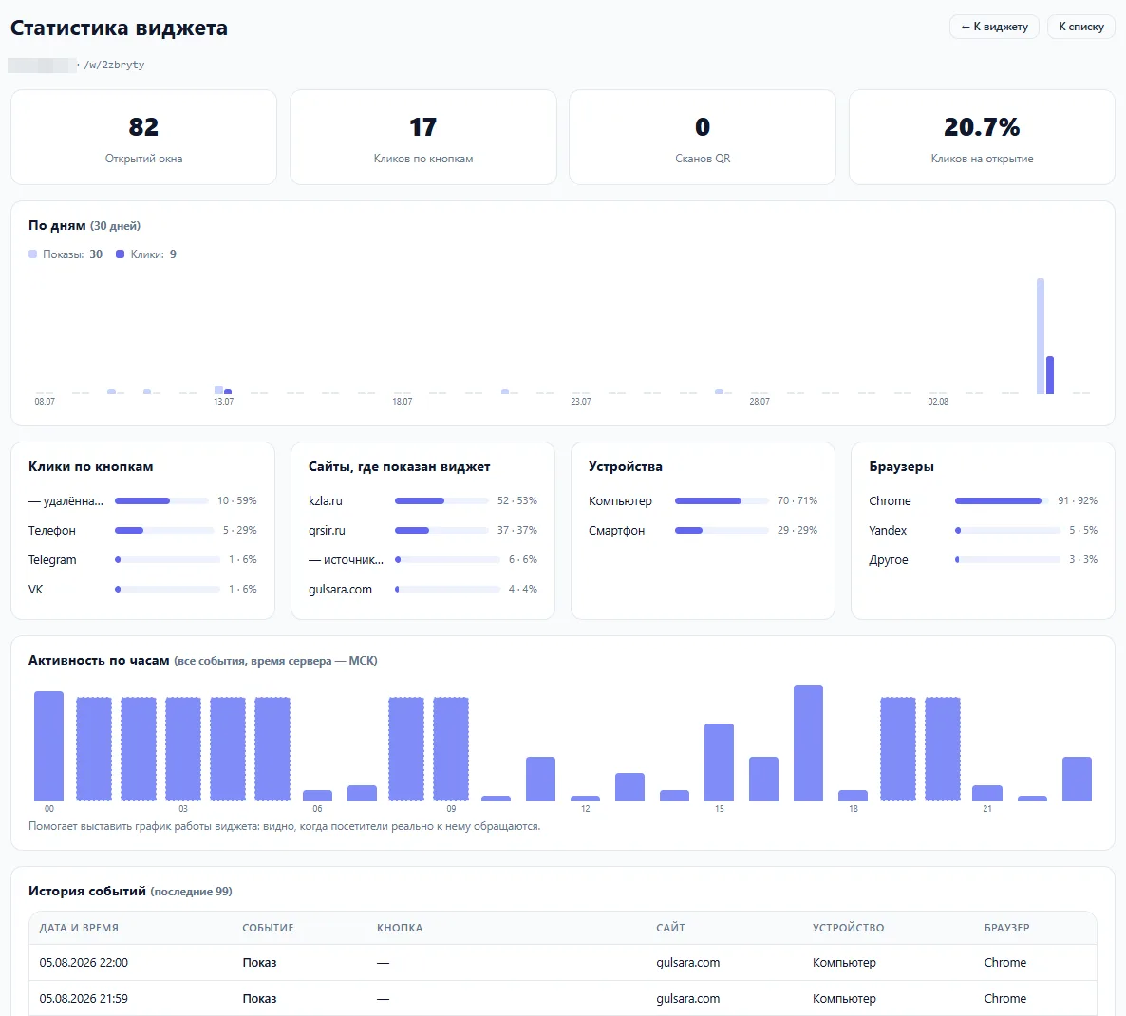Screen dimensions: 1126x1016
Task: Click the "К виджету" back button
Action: point(994,27)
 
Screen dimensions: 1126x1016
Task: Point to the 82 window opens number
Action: point(143,127)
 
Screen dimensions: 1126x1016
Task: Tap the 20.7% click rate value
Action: point(982,127)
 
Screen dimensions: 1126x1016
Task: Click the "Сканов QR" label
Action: point(703,159)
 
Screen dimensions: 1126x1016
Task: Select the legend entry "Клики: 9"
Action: point(146,254)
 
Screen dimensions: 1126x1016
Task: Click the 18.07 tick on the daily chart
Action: point(403,402)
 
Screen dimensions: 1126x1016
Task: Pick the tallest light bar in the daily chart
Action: point(1041,336)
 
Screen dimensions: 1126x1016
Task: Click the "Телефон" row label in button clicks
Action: point(51,531)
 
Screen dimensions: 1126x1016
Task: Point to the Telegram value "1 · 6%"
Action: point(243,559)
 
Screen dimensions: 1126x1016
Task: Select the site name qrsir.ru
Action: point(327,531)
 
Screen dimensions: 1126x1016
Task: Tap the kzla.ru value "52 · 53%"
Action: point(517,500)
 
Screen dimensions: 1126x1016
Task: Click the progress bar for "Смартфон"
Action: point(722,531)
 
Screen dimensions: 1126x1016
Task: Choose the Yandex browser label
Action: point(888,531)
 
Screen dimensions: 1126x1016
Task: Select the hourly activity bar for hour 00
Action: point(48,746)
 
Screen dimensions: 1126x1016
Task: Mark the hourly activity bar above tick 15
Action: point(719,762)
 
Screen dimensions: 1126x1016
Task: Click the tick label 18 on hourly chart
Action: point(854,808)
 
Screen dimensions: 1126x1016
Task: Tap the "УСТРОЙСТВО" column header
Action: point(848,928)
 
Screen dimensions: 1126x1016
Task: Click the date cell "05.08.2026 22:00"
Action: point(84,963)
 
